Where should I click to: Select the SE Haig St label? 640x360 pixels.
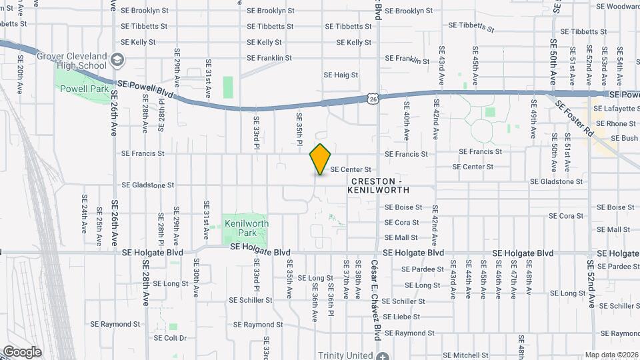coord(341,75)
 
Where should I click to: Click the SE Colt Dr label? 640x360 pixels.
coord(170,337)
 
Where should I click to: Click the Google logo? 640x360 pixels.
coord(22,351)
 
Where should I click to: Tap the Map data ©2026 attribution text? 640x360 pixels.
coord(611,355)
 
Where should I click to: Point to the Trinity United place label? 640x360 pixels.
coord(345,355)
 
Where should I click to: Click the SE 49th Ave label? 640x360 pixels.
coord(533,119)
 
